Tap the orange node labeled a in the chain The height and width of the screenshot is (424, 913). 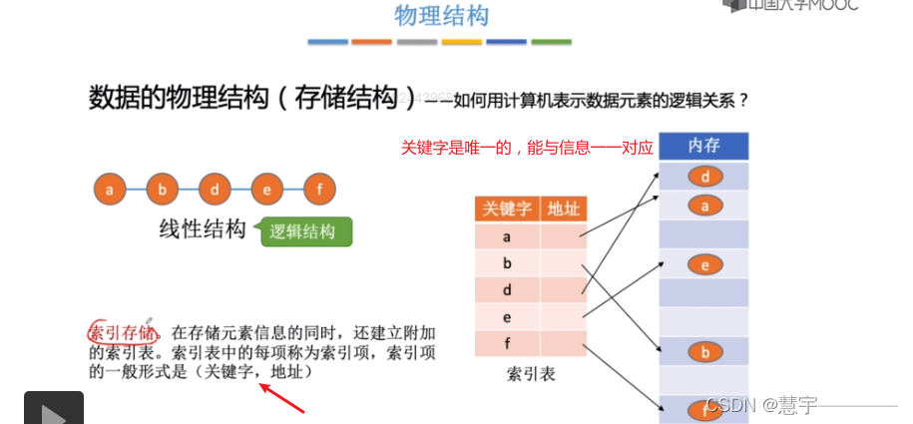(x=110, y=188)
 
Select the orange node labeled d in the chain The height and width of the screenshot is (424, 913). (x=215, y=188)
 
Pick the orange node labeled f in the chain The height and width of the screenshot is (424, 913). (x=319, y=188)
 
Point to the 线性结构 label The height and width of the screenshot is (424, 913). (x=203, y=229)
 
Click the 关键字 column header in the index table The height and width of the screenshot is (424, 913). (x=507, y=209)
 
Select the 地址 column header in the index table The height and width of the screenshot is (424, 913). (x=563, y=209)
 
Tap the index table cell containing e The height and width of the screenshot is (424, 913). (x=507, y=318)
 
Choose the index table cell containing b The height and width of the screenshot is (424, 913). (x=507, y=264)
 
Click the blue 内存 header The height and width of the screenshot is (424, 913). (x=703, y=147)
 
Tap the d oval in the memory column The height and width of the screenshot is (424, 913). (x=704, y=178)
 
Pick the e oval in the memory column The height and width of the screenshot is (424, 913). (x=704, y=264)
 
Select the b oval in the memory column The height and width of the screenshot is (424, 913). (x=704, y=352)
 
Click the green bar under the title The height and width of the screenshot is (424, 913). (x=551, y=42)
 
